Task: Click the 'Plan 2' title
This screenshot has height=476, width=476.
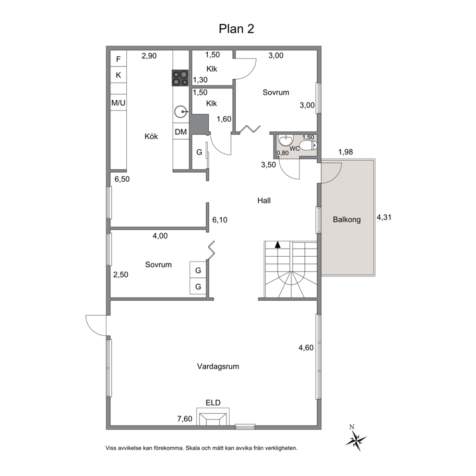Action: point(236,29)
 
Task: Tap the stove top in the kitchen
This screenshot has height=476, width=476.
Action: point(180,78)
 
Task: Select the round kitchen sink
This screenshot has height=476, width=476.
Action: point(181,112)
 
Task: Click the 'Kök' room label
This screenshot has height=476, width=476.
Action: point(151,137)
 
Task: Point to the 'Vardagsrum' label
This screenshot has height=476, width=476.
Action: point(218,367)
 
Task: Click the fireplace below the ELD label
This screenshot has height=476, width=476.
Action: point(213,416)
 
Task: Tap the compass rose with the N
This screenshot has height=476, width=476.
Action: point(356,439)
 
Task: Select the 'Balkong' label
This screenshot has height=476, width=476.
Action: point(346,219)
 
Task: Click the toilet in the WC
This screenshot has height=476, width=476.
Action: point(308,145)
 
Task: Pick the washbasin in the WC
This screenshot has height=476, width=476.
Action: point(286,140)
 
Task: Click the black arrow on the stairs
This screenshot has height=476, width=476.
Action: point(277,245)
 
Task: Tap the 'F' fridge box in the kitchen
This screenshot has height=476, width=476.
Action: point(119,59)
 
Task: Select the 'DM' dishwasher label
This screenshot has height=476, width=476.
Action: point(180,132)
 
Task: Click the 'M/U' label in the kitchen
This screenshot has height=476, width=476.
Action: point(119,103)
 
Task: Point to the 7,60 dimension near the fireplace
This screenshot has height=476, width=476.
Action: point(185,419)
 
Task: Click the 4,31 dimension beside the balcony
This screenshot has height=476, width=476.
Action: point(384,217)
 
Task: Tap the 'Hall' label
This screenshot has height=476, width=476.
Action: point(264,201)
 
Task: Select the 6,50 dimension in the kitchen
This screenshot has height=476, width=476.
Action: point(122,179)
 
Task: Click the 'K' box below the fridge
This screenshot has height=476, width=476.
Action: point(119,75)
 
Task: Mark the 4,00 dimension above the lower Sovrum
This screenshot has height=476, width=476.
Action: point(160,236)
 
